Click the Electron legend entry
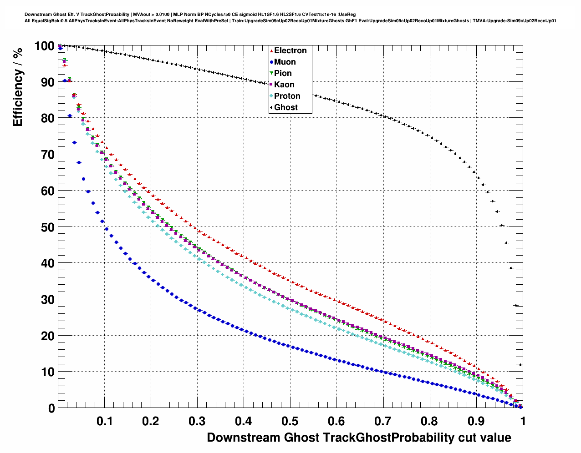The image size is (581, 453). click(x=290, y=50)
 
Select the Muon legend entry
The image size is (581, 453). click(x=285, y=62)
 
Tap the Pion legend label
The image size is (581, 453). click(x=283, y=73)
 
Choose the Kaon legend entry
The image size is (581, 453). click(x=284, y=85)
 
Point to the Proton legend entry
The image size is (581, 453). click(x=287, y=96)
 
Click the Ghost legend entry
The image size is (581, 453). click(x=285, y=107)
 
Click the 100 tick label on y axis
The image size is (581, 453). click(x=45, y=46)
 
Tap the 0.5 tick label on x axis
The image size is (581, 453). click(x=290, y=421)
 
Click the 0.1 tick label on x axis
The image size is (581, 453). click(x=105, y=421)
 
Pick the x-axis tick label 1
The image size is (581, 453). click(x=523, y=421)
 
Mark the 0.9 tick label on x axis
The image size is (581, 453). click(x=476, y=421)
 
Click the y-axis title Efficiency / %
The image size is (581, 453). click(x=18, y=86)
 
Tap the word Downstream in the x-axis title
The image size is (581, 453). click(x=244, y=438)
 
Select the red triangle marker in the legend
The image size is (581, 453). click(x=271, y=51)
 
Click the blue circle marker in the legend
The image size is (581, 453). click(x=271, y=62)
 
